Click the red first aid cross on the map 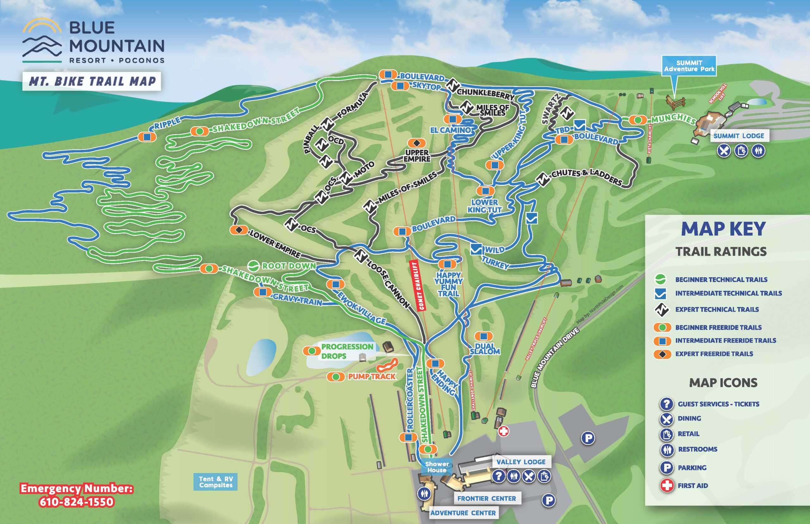(503, 431)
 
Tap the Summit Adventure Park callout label (689, 66)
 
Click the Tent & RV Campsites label (216, 482)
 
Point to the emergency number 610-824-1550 (76, 502)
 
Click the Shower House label (437, 467)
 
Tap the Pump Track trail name (372, 376)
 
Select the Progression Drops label (347, 351)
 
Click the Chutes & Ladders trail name (587, 177)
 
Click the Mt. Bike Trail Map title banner (92, 81)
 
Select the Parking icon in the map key (666, 467)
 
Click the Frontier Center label (487, 498)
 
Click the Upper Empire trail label (417, 156)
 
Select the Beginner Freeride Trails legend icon (662, 327)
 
